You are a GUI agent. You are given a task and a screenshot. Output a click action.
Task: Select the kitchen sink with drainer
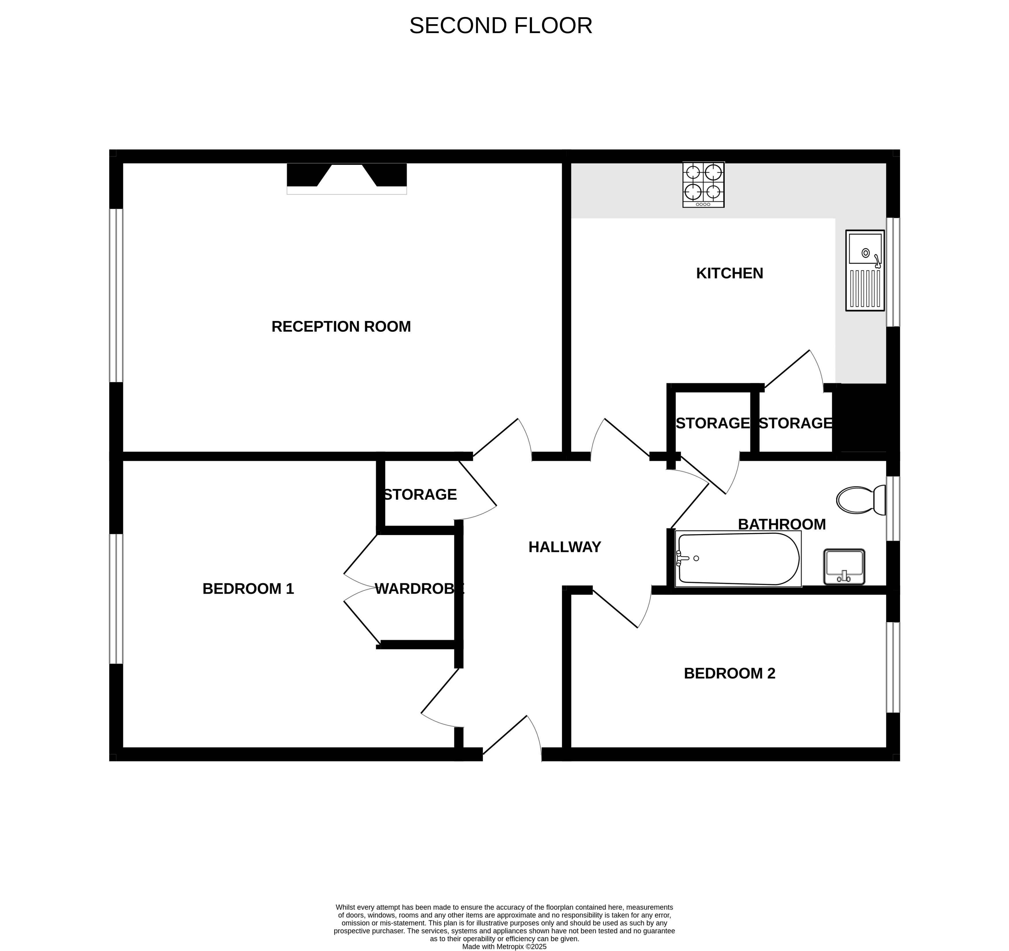tap(865, 270)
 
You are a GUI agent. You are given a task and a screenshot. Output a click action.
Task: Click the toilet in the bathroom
tap(861, 500)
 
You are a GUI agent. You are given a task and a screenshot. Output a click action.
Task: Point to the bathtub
tap(738, 559)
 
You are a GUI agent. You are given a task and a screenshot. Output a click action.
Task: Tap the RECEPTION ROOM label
tap(341, 326)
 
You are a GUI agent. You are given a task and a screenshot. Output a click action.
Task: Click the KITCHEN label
tap(729, 273)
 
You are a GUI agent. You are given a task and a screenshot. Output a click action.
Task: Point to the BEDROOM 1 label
tap(248, 589)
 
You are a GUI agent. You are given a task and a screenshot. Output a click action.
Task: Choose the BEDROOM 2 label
tap(729, 673)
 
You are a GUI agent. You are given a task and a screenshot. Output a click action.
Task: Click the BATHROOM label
tap(782, 524)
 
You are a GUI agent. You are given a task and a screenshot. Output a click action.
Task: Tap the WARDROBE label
tap(419, 589)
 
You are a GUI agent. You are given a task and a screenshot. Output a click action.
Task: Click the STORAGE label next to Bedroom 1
tap(420, 494)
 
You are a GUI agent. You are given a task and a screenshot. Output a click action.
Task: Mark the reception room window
tap(116, 295)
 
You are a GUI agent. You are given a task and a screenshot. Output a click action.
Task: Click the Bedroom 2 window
tap(893, 667)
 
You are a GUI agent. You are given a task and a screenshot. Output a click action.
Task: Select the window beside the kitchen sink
tap(893, 272)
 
